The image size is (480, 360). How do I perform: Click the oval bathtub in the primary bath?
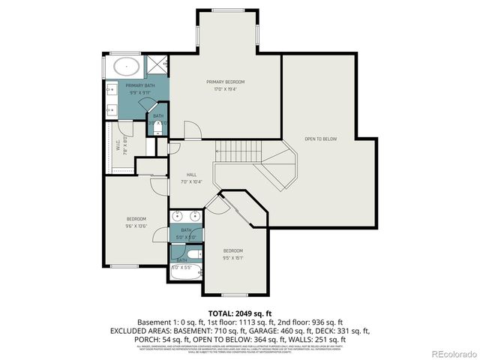point(128,67)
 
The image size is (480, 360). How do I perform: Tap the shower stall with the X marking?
point(157,65)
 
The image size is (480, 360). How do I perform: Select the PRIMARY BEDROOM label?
point(226,82)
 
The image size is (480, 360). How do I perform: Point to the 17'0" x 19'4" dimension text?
point(226,88)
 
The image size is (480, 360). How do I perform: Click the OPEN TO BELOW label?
point(320,139)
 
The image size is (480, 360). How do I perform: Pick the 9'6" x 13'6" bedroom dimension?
point(136,225)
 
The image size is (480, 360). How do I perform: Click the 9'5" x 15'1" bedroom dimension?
point(233,257)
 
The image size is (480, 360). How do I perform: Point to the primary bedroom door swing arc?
point(193,130)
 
